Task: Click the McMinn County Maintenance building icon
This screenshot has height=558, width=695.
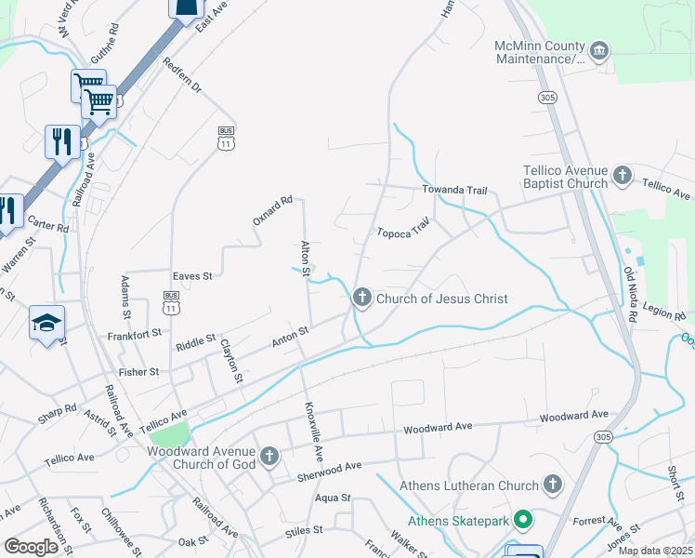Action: [599, 48]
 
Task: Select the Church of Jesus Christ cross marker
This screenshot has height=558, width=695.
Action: [361, 299]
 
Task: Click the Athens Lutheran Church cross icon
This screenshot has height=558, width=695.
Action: [553, 485]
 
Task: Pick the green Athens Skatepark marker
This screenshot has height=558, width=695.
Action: [522, 521]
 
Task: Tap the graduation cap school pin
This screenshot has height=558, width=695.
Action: [46, 323]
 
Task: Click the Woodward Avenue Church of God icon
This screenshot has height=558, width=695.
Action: [269, 456]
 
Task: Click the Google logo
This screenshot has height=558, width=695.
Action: [31, 546]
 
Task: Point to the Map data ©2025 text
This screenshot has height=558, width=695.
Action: [655, 551]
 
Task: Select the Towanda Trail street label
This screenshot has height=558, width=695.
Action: [454, 190]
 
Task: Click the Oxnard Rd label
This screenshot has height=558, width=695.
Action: [273, 210]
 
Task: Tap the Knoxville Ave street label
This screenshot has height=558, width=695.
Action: [311, 432]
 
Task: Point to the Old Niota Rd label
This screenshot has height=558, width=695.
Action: [630, 295]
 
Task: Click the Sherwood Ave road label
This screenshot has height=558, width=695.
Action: [330, 470]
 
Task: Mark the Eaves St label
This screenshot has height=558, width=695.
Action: [193, 276]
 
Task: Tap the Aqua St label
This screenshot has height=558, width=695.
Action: [332, 498]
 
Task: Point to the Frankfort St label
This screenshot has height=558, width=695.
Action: [135, 333]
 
